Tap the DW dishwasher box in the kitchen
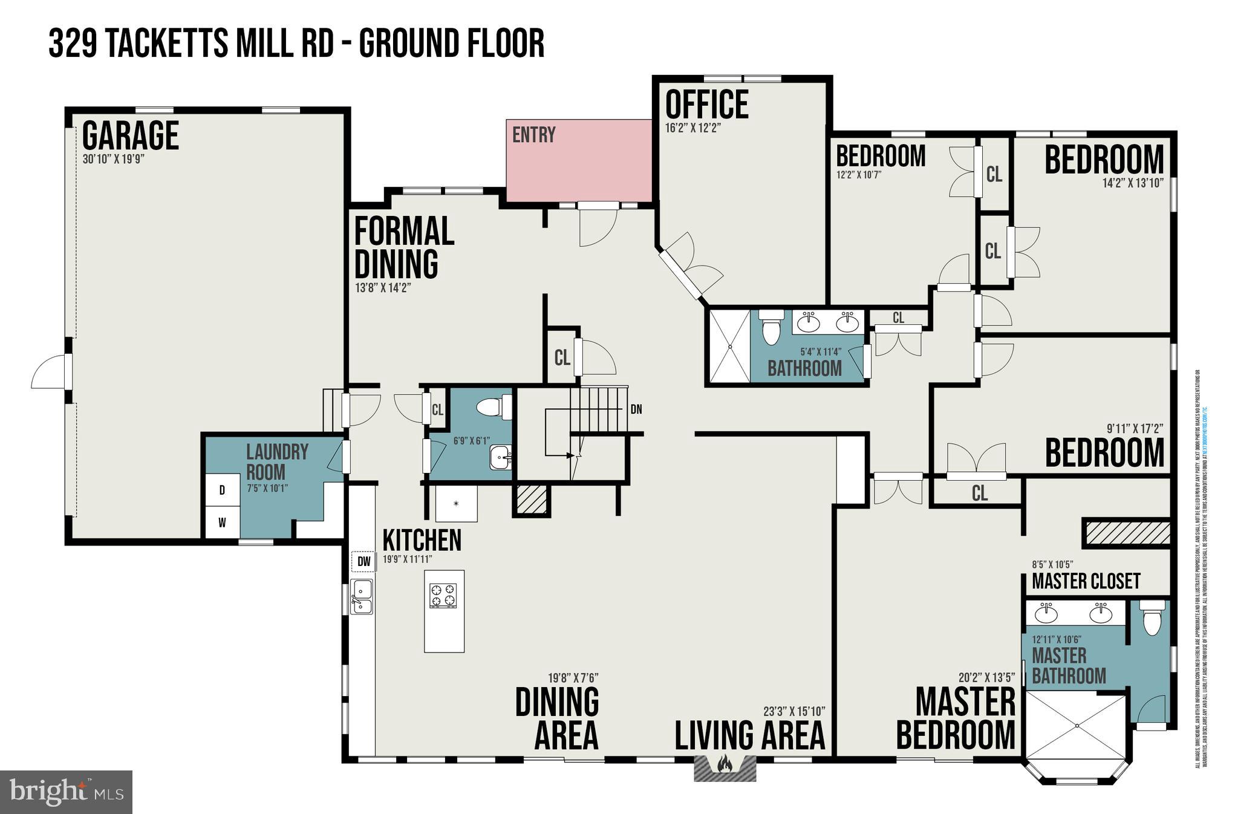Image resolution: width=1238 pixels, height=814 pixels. (363, 561)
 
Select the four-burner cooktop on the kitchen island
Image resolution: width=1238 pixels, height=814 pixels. (443, 595)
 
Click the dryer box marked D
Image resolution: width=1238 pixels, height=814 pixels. (222, 490)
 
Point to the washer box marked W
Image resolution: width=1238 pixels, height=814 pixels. (222, 523)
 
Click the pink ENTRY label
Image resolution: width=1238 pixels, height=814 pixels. (533, 135)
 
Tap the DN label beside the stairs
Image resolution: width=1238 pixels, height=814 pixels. (636, 409)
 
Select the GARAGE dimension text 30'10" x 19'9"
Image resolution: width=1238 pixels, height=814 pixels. (114, 160)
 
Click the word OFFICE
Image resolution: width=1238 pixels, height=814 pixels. (706, 104)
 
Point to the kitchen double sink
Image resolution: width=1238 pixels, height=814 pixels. (362, 596)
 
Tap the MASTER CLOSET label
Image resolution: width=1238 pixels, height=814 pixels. (1086, 581)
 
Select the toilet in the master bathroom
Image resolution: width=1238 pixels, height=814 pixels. (1152, 618)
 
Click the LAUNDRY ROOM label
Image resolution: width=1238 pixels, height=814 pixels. (277, 461)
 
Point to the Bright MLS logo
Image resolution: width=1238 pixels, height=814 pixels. (66, 792)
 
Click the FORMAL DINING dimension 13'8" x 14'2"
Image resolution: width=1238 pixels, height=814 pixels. (383, 288)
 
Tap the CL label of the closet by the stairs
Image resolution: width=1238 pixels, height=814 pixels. (562, 358)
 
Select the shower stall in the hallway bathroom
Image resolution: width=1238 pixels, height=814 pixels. (729, 346)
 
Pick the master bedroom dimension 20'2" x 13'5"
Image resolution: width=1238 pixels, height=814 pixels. (986, 678)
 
